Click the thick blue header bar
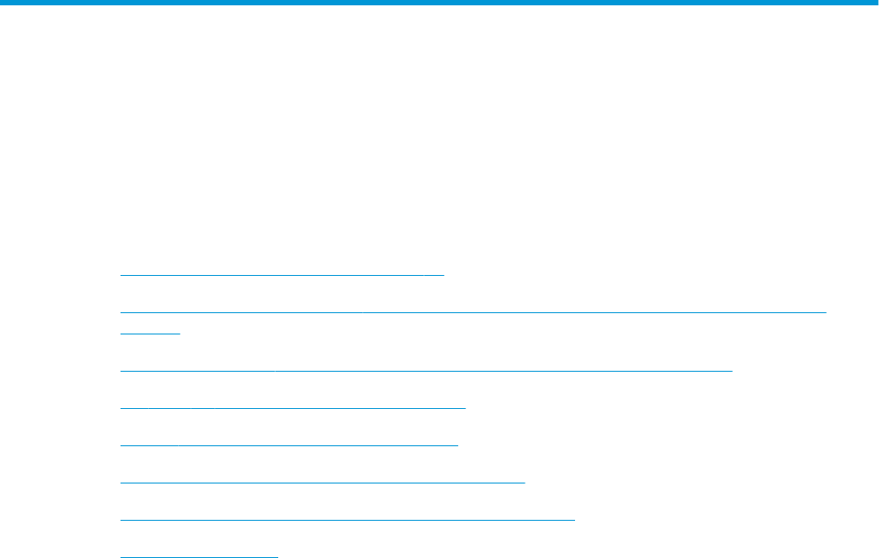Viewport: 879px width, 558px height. pyautogui.click(x=439, y=4)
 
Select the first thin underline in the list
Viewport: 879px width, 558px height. pyautogui.click(x=281, y=275)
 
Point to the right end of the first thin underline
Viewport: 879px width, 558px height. pyautogui.click(x=443, y=275)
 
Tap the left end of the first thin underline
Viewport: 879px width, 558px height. pyautogui.click(x=120, y=275)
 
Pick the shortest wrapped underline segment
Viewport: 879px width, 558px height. pyautogui.click(x=150, y=332)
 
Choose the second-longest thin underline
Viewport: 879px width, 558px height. pyautogui.click(x=425, y=367)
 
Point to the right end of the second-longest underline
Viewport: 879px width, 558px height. pyautogui.click(x=732, y=367)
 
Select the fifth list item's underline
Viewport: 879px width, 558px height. pyautogui.click(x=289, y=444)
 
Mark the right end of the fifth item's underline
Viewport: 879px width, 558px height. pyautogui.click(x=458, y=444)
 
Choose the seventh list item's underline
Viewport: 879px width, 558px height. pyautogui.click(x=347, y=518)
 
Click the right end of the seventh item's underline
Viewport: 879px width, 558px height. pyautogui.click(x=575, y=518)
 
